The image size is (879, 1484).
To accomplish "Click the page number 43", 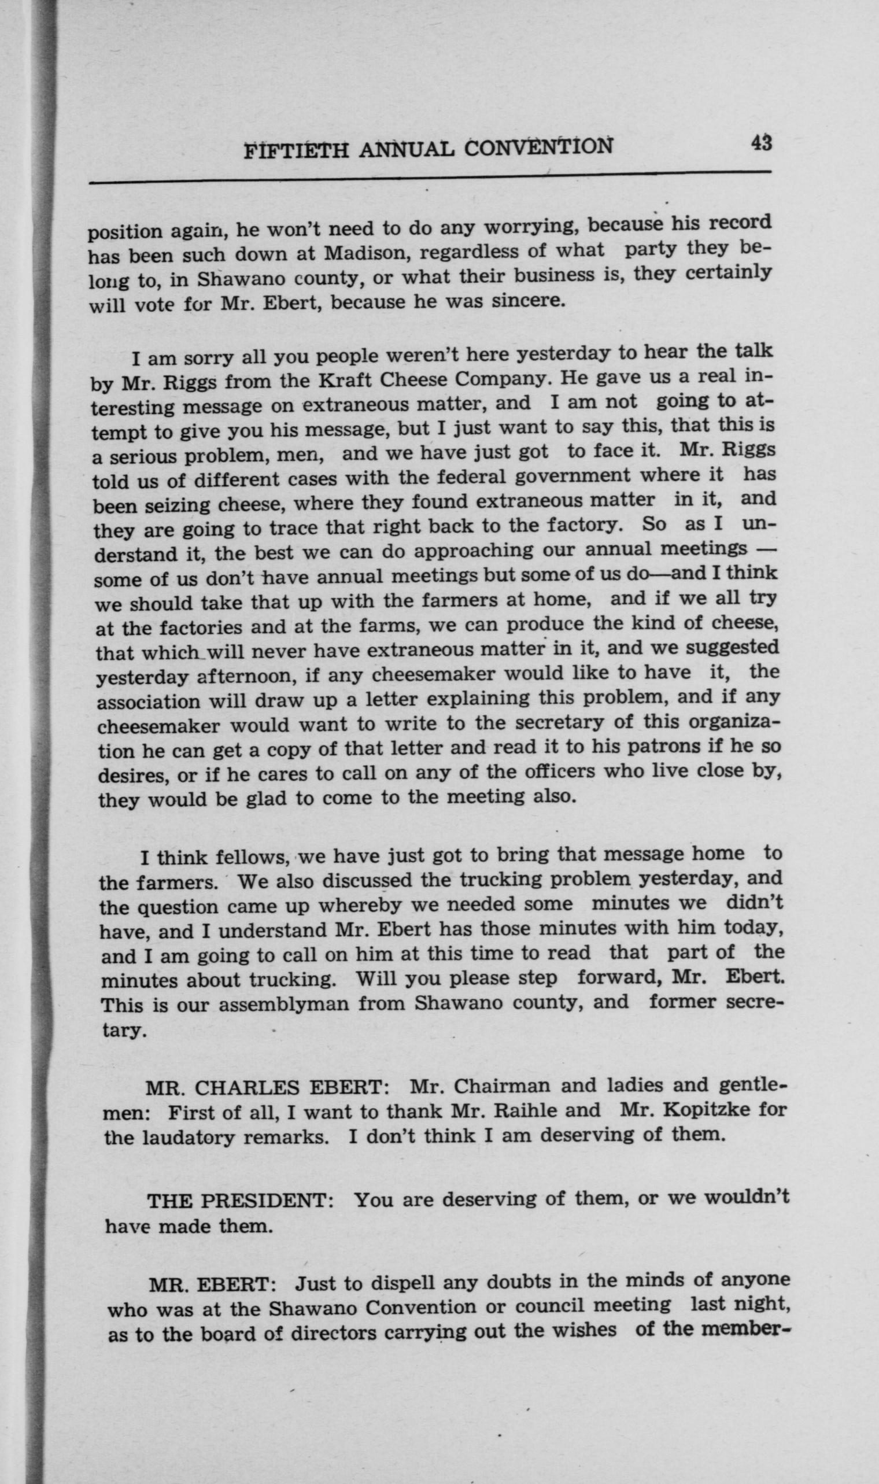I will (x=761, y=144).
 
